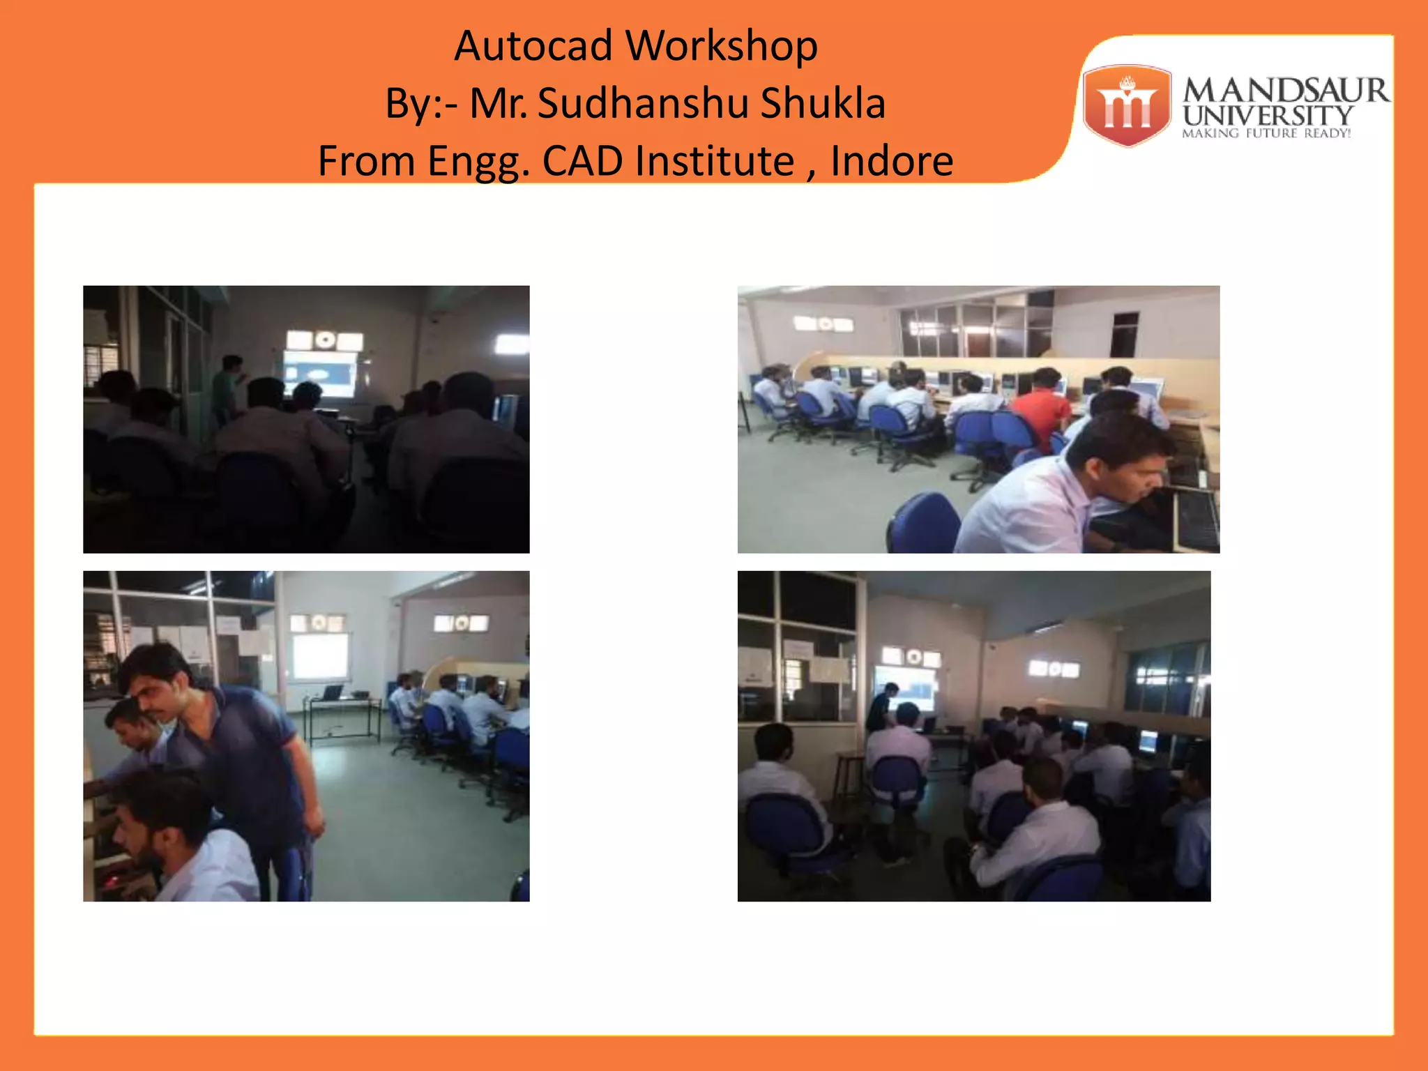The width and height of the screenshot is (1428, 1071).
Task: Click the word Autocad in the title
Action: point(533,47)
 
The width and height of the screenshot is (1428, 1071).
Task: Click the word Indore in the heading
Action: point(892,162)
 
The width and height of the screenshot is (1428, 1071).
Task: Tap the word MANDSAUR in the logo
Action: point(1285,91)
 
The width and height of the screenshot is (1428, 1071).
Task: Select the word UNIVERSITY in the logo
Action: point(1268,115)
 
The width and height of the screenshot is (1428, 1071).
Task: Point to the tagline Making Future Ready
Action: point(1266,133)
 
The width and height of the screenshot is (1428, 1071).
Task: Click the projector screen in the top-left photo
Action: point(319,373)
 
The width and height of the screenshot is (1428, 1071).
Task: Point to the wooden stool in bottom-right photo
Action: point(847,774)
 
